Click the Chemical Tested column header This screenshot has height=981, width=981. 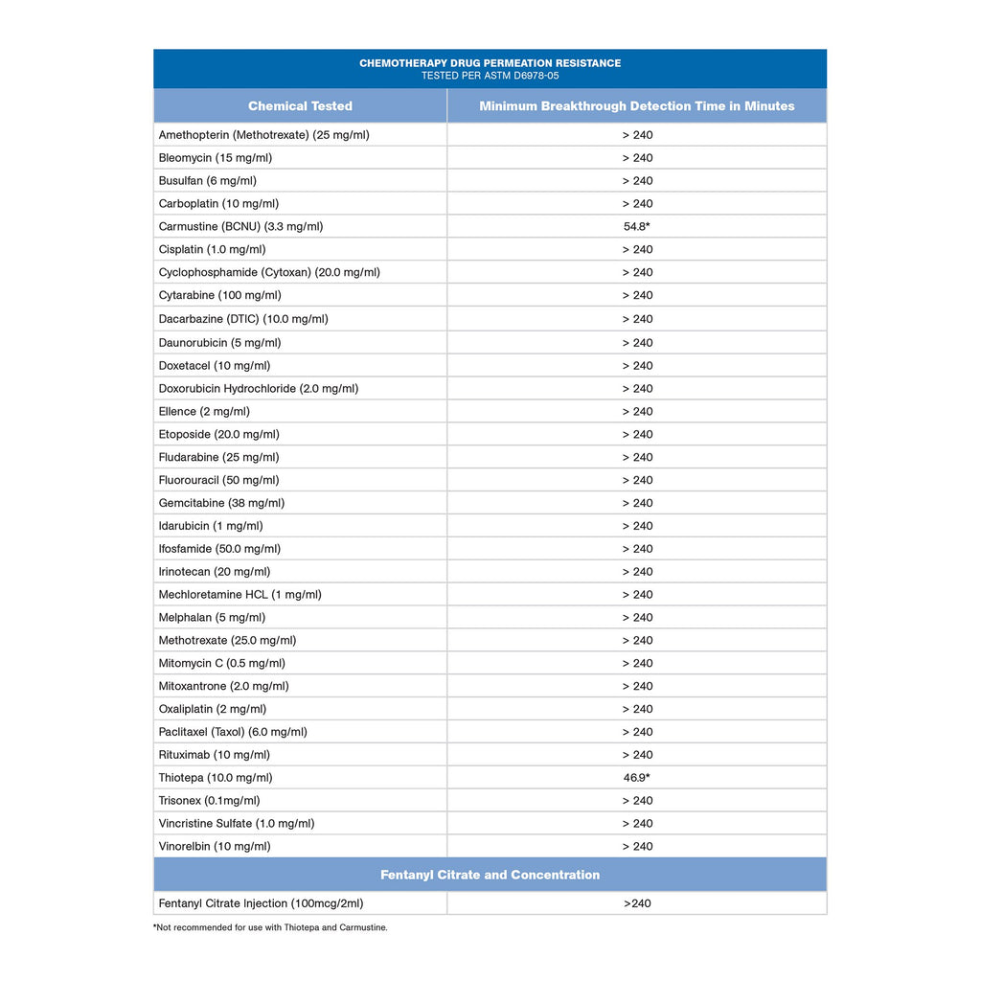coord(300,106)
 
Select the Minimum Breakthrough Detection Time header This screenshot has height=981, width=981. coord(636,106)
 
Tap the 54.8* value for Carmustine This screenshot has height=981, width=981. coord(637,227)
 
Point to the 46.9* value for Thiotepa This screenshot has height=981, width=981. coord(637,778)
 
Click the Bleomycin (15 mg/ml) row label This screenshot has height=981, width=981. coord(216,158)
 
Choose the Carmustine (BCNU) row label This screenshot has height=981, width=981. coord(240,227)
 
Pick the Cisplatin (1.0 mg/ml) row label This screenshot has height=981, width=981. coord(212,250)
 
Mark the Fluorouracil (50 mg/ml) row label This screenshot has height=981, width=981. coord(218,480)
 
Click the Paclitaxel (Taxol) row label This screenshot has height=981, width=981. coord(233,732)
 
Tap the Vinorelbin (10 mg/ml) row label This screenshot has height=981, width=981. coord(215,847)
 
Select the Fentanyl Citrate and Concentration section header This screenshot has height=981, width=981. coord(490,875)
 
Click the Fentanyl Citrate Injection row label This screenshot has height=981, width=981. coord(261,903)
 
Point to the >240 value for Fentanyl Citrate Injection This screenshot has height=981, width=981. coord(637,903)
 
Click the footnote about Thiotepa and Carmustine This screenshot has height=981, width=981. coord(270,927)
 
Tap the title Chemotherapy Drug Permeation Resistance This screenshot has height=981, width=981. coord(490,63)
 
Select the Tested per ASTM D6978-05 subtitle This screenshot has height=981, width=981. coord(490,75)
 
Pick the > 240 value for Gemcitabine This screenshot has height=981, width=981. coord(637,503)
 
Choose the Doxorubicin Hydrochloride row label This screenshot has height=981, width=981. coord(259,389)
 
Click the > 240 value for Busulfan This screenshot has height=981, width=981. coord(637,181)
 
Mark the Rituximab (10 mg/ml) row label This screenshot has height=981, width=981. coord(215,755)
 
